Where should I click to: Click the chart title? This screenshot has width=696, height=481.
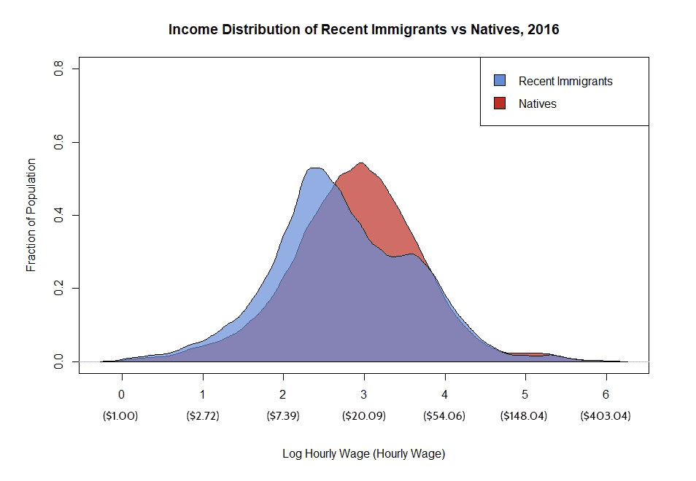coord(363,30)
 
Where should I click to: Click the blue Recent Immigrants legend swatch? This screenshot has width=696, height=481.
coord(500,81)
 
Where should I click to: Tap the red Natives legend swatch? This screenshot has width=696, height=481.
coord(500,103)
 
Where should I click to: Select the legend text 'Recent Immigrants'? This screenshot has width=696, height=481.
coord(565,81)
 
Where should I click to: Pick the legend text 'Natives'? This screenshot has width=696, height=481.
coord(538,103)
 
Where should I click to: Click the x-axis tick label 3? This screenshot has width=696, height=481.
coord(364,394)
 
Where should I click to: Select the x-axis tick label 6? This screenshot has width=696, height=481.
coord(606,394)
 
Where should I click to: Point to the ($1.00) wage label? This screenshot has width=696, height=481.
coord(122,416)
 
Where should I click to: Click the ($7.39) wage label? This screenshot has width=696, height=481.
coord(283,416)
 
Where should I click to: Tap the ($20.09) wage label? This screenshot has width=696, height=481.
coord(364,416)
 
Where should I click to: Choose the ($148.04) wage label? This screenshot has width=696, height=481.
coord(525,416)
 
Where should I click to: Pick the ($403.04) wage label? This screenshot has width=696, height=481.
coord(606,416)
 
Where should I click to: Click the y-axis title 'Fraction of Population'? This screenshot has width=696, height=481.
coord(31,215)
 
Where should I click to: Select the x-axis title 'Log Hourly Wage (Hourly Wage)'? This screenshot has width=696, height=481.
coord(363,453)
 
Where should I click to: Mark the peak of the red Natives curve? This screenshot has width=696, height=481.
coord(361,163)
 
